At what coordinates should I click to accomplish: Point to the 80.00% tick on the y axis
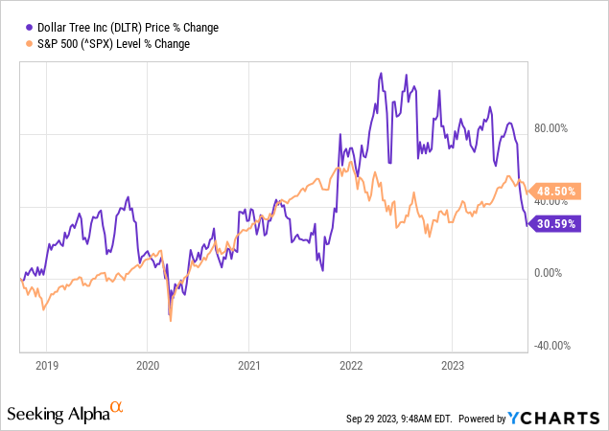click(x=551, y=128)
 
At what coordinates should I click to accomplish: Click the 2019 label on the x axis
click(x=46, y=365)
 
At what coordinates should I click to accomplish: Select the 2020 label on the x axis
click(x=147, y=365)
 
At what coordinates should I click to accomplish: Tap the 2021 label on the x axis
click(x=248, y=365)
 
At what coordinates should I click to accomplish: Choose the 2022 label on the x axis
click(x=350, y=365)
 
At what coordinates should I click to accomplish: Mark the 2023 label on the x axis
click(x=452, y=365)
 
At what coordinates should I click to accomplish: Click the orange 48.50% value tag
click(x=553, y=192)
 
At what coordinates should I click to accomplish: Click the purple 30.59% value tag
click(x=553, y=224)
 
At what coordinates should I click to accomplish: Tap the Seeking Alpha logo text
click(x=58, y=414)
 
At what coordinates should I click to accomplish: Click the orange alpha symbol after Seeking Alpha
click(x=117, y=408)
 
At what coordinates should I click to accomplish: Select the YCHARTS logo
click(x=560, y=419)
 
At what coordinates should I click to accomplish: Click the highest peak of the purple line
click(x=382, y=74)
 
